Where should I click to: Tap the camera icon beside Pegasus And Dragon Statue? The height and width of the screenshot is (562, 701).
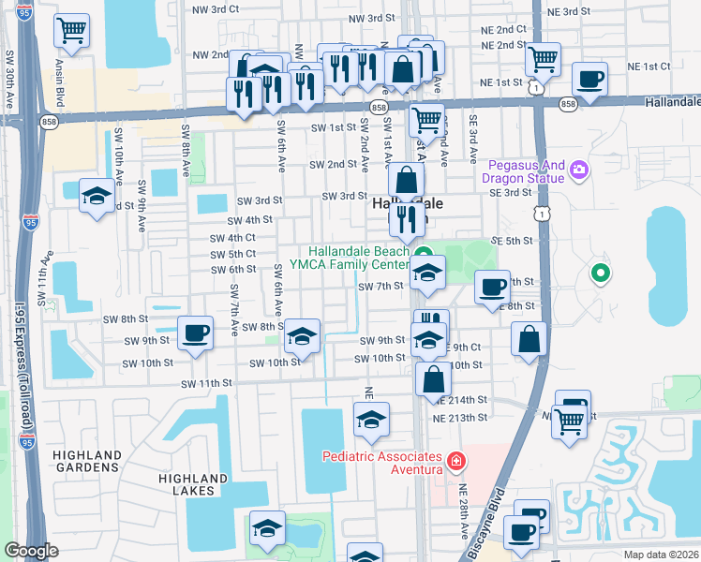580,169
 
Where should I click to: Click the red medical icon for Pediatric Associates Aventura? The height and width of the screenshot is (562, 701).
455,461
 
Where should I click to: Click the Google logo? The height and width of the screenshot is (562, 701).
31,551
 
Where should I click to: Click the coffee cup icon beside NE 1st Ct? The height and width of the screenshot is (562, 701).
589,81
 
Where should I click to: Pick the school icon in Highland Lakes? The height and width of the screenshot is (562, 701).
268,529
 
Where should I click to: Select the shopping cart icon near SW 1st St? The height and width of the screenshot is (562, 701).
426,120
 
